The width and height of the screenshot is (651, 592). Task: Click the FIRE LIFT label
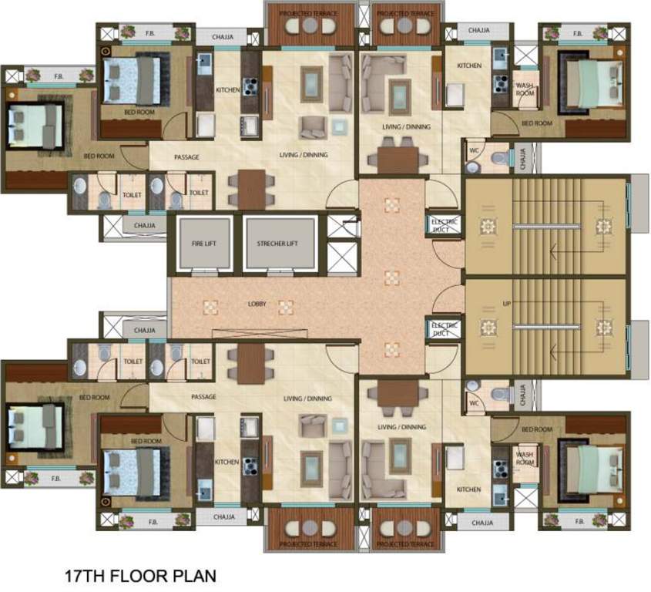coord(206,244)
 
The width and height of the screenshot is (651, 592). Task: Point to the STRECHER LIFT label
coord(280,244)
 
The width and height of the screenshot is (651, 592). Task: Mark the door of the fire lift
coord(206,272)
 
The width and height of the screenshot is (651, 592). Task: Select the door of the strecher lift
coord(280,272)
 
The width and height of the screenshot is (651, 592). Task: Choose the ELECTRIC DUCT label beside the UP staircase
coord(445,329)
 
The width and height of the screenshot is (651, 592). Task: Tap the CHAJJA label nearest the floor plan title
coord(223,516)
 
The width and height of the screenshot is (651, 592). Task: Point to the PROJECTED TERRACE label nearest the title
coord(309,544)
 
